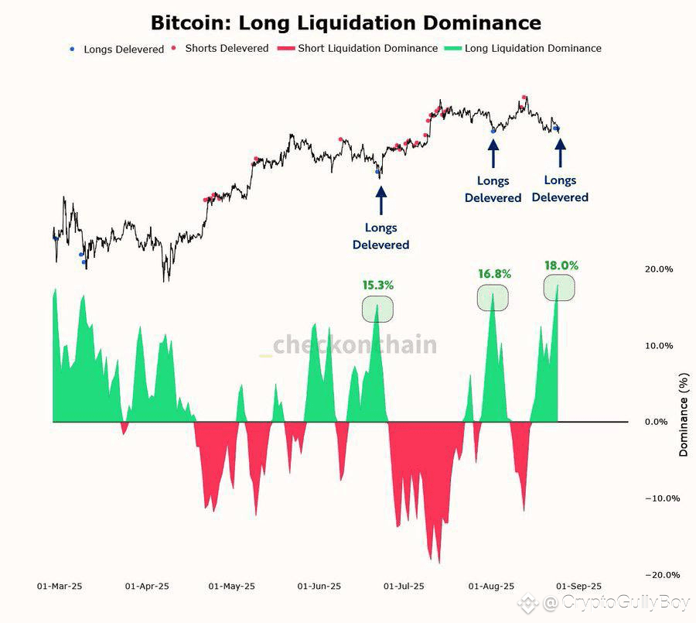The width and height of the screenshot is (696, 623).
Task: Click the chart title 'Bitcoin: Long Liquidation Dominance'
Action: click(346, 23)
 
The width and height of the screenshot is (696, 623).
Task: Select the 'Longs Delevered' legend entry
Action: click(118, 49)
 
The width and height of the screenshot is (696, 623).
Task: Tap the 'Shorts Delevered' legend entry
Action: click(220, 48)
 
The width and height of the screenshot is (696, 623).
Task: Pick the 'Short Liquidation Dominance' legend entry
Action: click(357, 48)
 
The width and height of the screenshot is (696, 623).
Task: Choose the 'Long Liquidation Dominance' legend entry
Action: click(523, 48)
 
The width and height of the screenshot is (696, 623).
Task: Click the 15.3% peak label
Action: click(377, 286)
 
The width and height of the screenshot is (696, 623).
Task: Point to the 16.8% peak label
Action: click(494, 274)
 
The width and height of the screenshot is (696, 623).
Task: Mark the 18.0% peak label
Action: click(561, 265)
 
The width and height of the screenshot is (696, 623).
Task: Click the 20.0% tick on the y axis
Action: click(659, 269)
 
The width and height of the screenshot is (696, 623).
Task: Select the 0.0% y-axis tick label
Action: click(656, 422)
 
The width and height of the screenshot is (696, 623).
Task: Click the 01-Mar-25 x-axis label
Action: click(60, 586)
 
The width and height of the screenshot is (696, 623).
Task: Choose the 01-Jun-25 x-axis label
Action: click(319, 586)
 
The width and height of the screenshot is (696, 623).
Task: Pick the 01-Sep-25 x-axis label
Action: click(578, 586)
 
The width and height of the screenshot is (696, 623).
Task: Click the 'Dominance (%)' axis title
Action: click(684, 415)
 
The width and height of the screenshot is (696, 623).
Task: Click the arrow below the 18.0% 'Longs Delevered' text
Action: click(560, 152)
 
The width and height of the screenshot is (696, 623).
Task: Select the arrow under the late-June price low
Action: click(380, 200)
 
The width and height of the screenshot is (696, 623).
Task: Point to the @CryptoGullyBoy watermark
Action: click(604, 603)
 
